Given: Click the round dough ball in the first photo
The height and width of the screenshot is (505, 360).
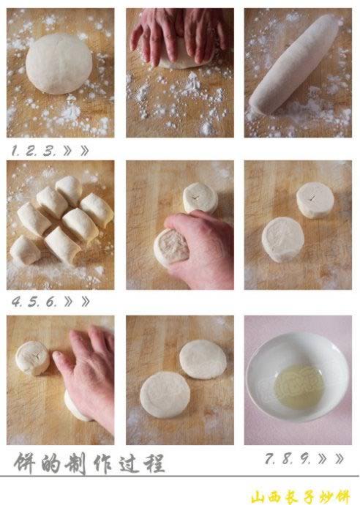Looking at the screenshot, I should (58, 64).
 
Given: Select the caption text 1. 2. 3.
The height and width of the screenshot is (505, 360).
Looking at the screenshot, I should (34, 151).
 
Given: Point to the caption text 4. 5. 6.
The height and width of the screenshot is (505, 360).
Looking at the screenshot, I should (34, 301).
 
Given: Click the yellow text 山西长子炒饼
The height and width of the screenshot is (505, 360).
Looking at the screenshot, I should (301, 496).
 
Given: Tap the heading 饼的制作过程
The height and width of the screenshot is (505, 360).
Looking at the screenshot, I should (89, 463).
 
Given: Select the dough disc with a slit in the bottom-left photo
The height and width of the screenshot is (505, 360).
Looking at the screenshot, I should (32, 357).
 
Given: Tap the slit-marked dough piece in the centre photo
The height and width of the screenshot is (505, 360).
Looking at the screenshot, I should (200, 198).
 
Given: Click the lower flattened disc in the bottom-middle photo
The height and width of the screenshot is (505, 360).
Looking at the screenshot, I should (165, 394).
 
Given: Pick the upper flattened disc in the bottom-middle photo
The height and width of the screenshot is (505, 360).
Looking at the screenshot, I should (203, 359).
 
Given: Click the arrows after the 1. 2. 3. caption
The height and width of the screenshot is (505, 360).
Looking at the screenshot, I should (76, 151).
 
